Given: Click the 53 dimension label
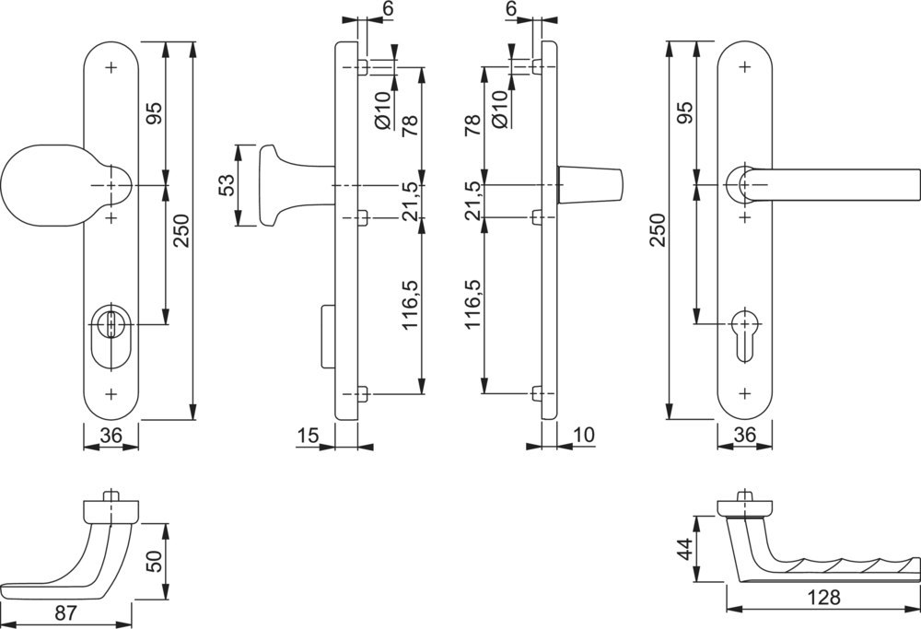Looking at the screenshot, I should click(226, 186).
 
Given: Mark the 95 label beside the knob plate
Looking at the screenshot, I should click(154, 113).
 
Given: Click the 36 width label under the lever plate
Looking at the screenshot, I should click(744, 435).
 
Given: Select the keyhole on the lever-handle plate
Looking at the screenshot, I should click(743, 330).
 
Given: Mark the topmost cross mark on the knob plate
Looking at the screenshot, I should click(111, 67).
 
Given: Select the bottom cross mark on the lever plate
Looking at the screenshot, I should click(744, 393).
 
